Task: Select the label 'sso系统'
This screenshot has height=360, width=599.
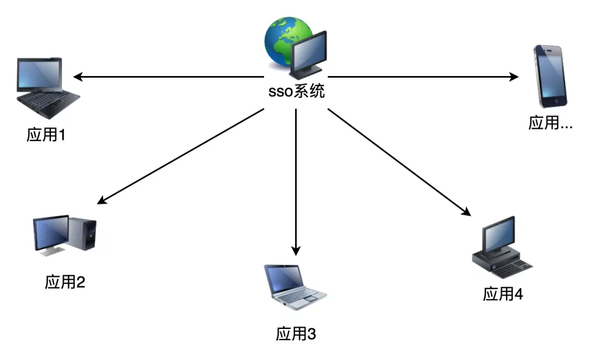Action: click(296, 92)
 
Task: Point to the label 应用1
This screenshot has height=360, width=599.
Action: click(46, 135)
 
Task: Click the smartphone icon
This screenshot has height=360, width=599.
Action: click(550, 77)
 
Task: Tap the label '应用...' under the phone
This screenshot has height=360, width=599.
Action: click(551, 123)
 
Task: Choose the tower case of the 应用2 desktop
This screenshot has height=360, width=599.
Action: click(83, 233)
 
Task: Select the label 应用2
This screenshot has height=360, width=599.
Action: click(65, 282)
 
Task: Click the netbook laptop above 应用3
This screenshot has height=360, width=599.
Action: click(295, 287)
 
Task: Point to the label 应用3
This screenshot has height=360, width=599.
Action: click(296, 334)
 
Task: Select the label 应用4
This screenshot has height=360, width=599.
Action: click(502, 294)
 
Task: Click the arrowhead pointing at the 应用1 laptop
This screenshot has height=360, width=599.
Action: click(78, 77)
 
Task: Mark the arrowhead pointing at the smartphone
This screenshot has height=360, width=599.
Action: click(514, 77)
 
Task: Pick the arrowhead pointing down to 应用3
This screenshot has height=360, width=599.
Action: click(296, 251)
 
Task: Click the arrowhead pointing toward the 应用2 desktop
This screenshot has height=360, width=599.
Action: click(101, 200)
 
